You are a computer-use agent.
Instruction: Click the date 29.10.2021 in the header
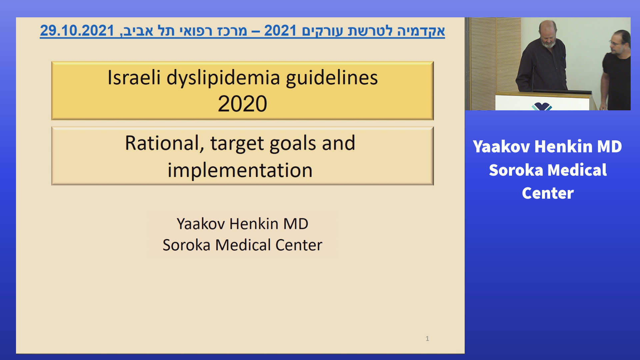coord(77,31)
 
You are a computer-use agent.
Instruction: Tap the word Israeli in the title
coord(134,78)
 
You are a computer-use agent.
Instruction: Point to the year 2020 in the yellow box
coord(242,104)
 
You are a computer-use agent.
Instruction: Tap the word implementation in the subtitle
coord(240,170)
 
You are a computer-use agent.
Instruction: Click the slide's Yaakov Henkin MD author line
coord(242,224)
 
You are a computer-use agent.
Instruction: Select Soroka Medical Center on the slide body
coord(242,245)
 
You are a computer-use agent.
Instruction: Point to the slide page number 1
coord(427,339)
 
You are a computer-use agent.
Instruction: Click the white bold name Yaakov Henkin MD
coord(547,147)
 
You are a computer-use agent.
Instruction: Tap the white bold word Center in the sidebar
coord(548,193)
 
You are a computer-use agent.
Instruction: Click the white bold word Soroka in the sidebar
coord(516,170)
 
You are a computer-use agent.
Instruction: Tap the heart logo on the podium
coord(542,107)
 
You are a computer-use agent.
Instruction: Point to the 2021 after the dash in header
coord(280,31)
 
